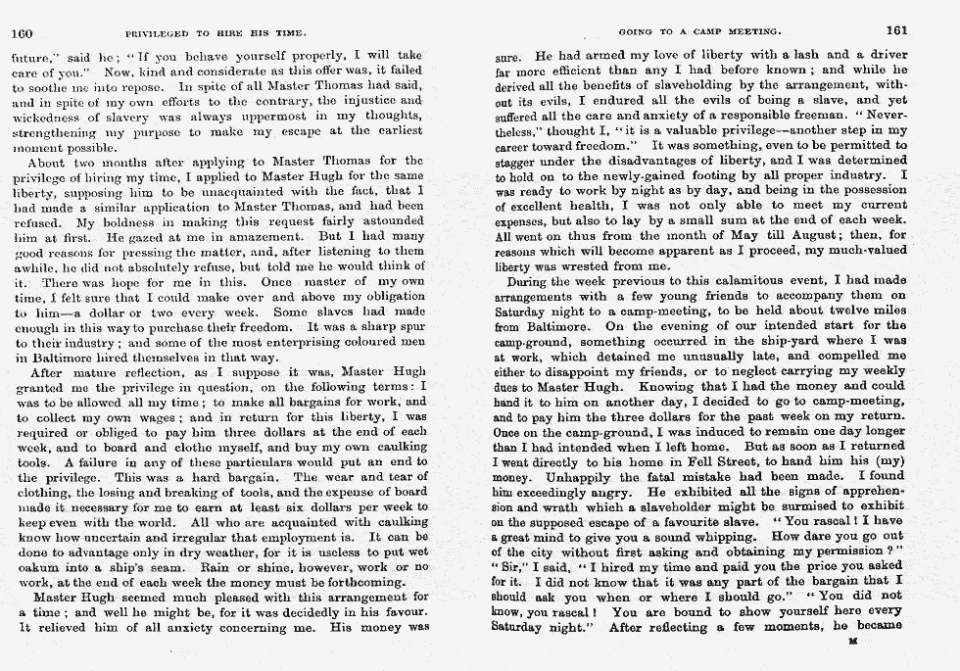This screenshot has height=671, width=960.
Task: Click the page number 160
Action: (22, 32)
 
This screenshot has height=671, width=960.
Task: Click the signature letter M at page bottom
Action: (853, 642)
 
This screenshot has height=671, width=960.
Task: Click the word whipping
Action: (738, 536)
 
